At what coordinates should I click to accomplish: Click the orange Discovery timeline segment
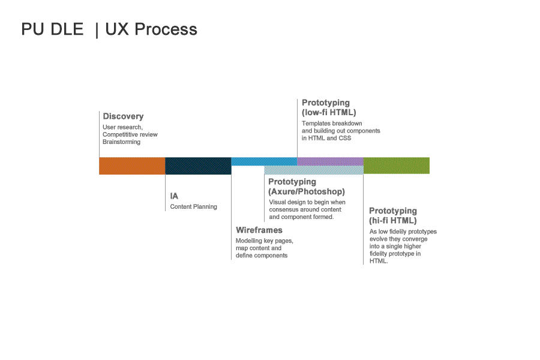(x=132, y=166)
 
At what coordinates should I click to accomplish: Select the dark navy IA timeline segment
(x=198, y=166)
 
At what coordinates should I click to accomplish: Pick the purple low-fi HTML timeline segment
(x=330, y=161)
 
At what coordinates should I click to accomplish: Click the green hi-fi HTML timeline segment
(x=397, y=166)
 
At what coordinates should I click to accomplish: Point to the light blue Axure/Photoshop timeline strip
(x=313, y=170)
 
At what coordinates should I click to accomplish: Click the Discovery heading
(x=123, y=116)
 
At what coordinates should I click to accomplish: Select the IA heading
(x=174, y=196)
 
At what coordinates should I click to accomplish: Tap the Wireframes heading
(x=259, y=230)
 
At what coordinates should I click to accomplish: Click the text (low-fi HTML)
(x=329, y=112)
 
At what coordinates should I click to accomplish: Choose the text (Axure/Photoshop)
(x=307, y=191)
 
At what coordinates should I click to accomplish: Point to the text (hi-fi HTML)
(x=392, y=220)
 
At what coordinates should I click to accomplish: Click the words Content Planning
(x=194, y=206)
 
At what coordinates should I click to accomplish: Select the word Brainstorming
(x=121, y=142)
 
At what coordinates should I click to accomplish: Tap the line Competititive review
(x=130, y=134)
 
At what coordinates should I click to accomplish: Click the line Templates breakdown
(x=332, y=124)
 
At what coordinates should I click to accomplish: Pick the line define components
(x=262, y=255)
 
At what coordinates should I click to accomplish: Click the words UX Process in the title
(x=151, y=29)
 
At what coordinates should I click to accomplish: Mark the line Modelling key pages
(x=265, y=241)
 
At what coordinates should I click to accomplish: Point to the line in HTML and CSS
(x=326, y=138)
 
